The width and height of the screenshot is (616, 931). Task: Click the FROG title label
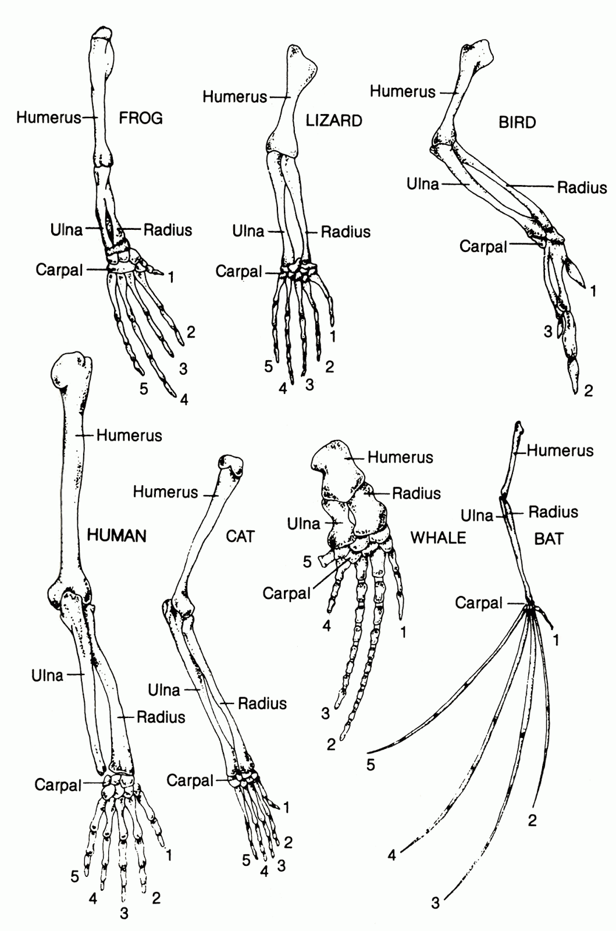[141, 119]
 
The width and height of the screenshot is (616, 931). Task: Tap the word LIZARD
[334, 120]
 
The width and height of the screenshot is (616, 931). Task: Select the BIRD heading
[517, 123]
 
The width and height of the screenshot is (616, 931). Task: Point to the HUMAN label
[116, 535]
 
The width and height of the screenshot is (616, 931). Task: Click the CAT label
[240, 536]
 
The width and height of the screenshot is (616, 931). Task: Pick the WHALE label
[439, 537]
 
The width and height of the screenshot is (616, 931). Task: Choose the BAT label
[549, 539]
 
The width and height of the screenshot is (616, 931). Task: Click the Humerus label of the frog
[48, 118]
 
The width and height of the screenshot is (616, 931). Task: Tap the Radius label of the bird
[582, 187]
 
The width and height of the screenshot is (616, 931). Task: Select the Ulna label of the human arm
[48, 676]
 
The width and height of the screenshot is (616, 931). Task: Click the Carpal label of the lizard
[239, 271]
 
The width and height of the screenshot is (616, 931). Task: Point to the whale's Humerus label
[400, 457]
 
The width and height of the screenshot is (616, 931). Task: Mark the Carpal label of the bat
[479, 603]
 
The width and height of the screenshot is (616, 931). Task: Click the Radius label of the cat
[262, 703]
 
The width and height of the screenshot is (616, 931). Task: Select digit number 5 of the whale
[307, 561]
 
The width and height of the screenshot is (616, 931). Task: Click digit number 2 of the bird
[588, 390]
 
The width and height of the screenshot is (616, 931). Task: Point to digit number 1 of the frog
[171, 277]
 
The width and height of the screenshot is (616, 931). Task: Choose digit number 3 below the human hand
[124, 914]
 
